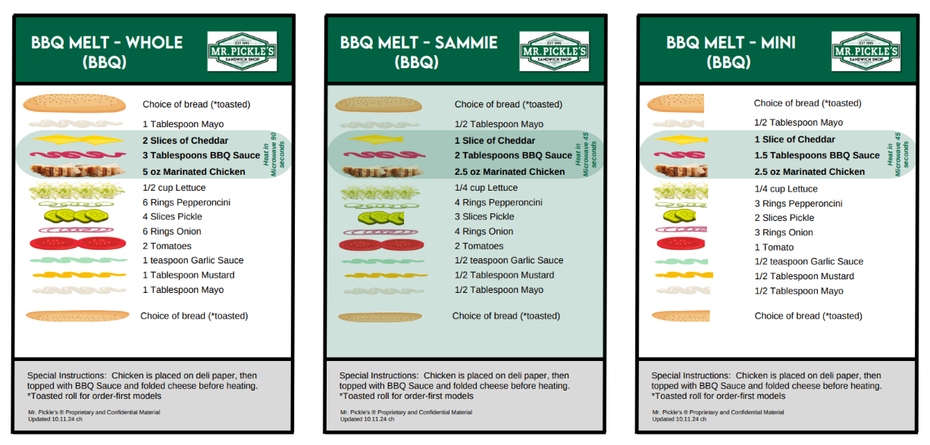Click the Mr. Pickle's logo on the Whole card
click(x=242, y=51)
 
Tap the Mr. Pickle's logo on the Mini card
click(x=866, y=51)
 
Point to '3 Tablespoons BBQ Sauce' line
click(x=201, y=155)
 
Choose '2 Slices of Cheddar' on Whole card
click(x=185, y=140)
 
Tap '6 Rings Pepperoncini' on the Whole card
click(x=186, y=202)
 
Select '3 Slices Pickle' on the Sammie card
click(x=484, y=216)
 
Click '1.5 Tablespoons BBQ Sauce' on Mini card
click(x=817, y=155)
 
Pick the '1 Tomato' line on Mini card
click(x=774, y=247)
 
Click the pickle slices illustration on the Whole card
click(x=76, y=216)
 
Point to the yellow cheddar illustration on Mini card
click(x=681, y=139)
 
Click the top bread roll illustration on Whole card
click(x=74, y=102)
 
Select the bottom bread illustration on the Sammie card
click(x=380, y=317)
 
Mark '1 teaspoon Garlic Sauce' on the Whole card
click(x=193, y=260)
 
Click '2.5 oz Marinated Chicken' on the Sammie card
click(x=509, y=172)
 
